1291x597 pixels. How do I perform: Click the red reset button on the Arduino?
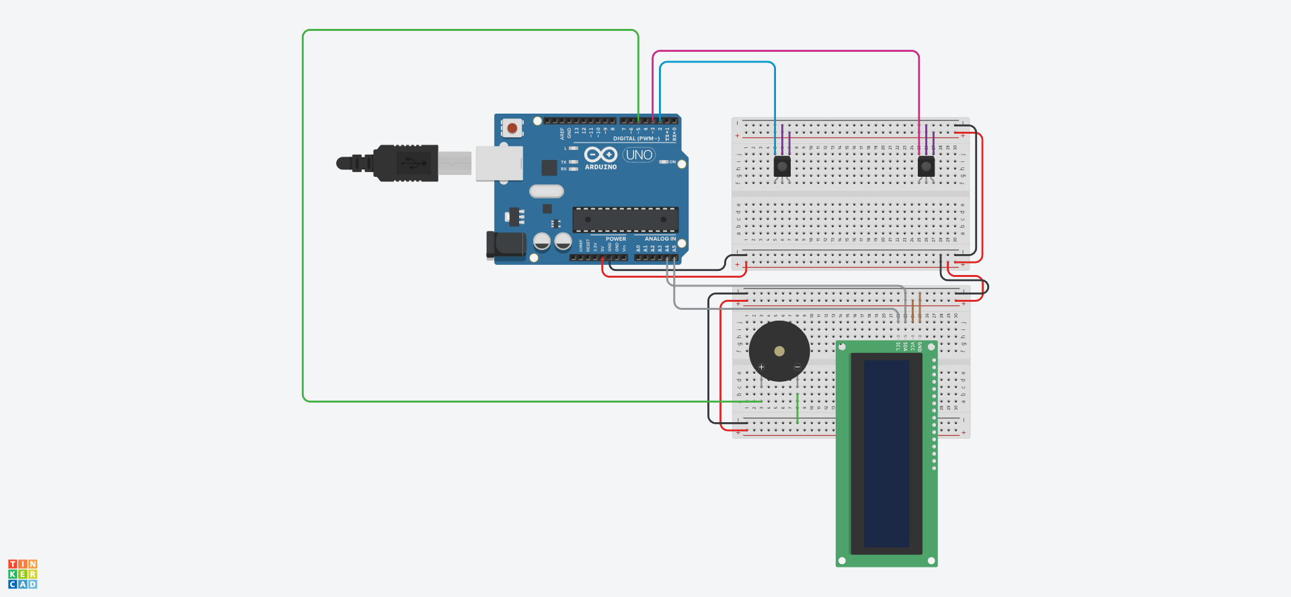(x=512, y=128)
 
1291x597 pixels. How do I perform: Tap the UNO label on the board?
(x=639, y=155)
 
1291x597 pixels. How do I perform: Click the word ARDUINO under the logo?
(x=600, y=167)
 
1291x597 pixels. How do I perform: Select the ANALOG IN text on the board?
(x=660, y=239)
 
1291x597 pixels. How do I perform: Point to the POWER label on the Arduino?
(x=615, y=239)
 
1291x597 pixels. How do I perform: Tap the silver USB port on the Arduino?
(x=499, y=163)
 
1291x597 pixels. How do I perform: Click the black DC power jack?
(x=506, y=245)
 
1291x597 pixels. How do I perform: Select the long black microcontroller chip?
(x=625, y=219)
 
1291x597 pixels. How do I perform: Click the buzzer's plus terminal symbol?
(x=761, y=367)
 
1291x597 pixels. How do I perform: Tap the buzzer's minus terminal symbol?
(x=797, y=367)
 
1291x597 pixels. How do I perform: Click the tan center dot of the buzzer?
(x=779, y=351)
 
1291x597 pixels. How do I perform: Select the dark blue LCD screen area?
(x=886, y=453)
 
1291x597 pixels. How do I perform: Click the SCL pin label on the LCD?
(x=898, y=346)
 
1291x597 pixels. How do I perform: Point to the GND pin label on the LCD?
(x=920, y=346)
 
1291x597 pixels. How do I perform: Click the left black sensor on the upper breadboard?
(x=782, y=166)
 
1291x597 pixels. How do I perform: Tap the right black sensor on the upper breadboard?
(x=926, y=166)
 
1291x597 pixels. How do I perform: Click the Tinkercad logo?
(x=23, y=574)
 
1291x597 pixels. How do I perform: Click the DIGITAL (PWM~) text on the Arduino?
(x=635, y=138)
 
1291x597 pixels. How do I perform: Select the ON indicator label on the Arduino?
(x=672, y=162)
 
